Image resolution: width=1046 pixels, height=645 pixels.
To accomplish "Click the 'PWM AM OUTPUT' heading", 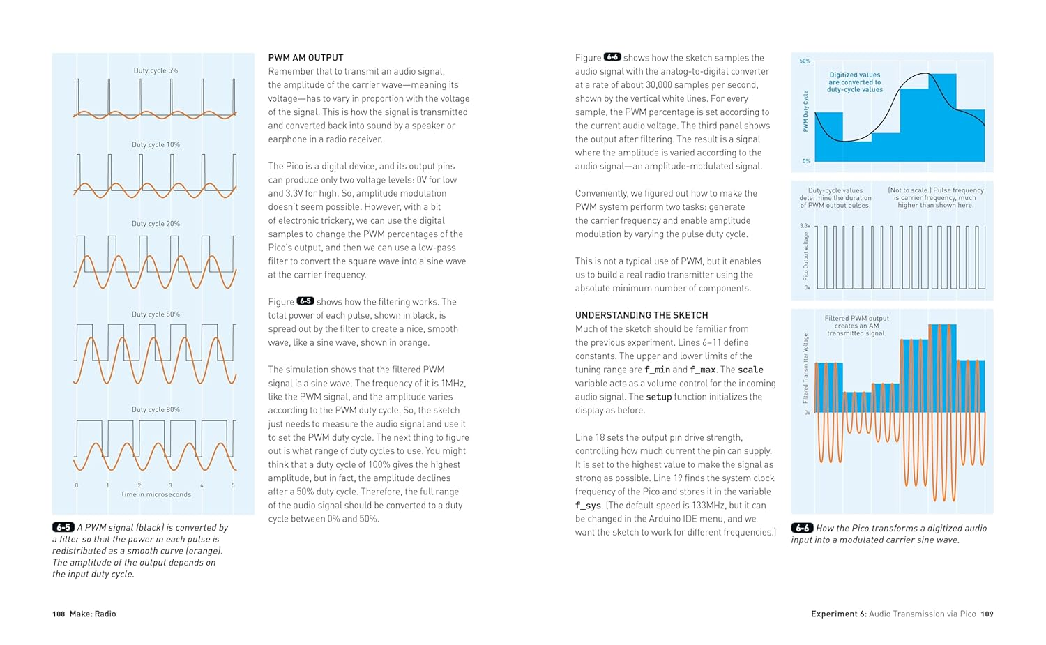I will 305,58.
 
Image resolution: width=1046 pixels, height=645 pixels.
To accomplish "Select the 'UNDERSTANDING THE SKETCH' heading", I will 641,315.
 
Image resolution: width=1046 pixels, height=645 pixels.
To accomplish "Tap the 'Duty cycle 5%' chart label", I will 156,70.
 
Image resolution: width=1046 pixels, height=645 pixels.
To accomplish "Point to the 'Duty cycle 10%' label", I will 156,145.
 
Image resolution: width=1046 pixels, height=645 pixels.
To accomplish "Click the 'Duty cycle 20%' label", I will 156,224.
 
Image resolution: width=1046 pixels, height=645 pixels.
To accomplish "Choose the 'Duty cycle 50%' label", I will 156,314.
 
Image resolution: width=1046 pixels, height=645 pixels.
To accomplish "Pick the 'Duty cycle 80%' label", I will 156,410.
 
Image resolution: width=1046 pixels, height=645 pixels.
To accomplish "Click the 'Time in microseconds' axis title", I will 156,494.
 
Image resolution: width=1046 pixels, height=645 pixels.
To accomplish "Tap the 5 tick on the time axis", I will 233,485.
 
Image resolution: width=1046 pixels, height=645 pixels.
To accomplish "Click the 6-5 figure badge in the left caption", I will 63,528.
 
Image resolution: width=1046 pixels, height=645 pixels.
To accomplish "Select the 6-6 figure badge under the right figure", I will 802,529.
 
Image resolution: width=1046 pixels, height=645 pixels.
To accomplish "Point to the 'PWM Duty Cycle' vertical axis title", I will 805,112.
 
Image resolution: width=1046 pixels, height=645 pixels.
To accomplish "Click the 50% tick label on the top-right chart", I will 805,61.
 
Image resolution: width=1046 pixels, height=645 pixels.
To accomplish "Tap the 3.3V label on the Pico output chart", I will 805,226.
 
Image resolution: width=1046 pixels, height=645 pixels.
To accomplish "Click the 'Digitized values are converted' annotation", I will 855,82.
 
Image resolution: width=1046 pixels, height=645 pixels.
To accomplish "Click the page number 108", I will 59,614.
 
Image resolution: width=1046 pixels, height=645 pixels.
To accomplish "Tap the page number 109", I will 987,614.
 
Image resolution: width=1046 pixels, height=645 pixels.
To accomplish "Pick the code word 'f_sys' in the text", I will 588,506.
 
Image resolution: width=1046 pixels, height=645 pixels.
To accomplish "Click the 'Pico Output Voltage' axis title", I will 806,257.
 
